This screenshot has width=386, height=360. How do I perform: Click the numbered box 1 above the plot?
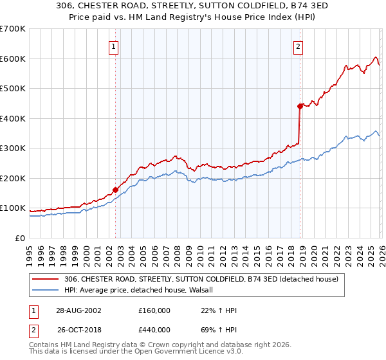113,46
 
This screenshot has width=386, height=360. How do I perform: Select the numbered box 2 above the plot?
299,46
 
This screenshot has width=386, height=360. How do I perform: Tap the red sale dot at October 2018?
300,106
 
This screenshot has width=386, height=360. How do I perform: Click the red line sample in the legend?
46,279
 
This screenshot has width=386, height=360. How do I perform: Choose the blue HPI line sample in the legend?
46,290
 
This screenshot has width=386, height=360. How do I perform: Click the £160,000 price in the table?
154,310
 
